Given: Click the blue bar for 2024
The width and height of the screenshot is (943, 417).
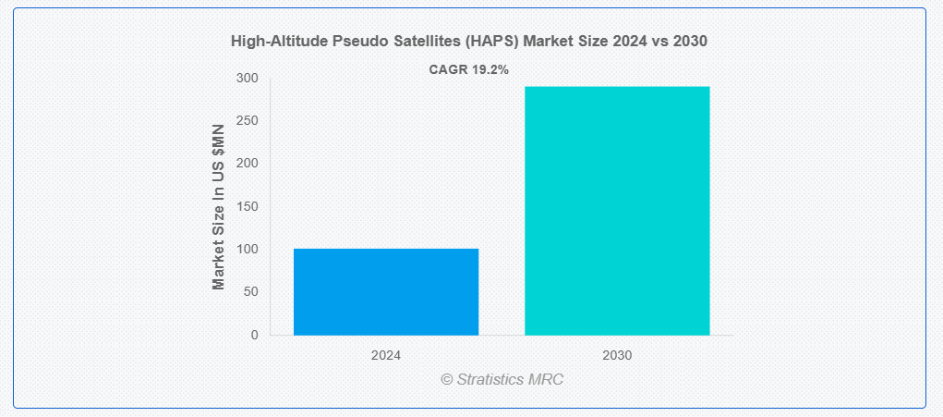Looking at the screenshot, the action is [x=386, y=292].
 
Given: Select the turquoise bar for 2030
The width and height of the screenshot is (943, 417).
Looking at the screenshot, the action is [x=617, y=211].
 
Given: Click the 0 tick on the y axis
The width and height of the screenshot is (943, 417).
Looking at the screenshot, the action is [x=255, y=335].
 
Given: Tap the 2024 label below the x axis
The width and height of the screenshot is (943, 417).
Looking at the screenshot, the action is [x=386, y=355].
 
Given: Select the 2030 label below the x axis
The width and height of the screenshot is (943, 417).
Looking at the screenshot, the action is [x=617, y=355].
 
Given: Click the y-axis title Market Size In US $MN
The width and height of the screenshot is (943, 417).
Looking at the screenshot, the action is [x=218, y=207].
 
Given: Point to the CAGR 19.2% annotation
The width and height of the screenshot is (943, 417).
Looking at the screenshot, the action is [x=469, y=69].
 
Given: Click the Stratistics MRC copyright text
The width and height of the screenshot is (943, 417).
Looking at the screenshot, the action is [x=502, y=379].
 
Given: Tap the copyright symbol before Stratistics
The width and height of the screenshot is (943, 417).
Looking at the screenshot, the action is [x=447, y=379].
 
